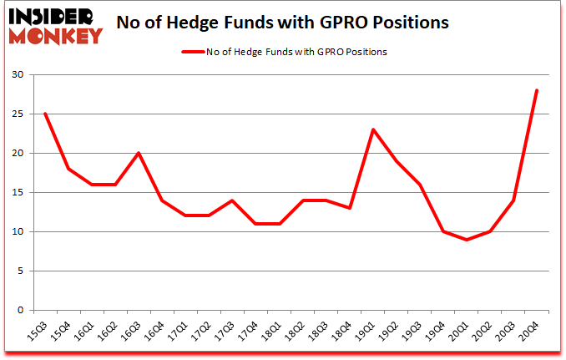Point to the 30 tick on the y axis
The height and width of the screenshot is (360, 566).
(x=17, y=75)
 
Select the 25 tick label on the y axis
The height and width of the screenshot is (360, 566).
(x=17, y=114)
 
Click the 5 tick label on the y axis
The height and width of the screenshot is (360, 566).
(x=20, y=271)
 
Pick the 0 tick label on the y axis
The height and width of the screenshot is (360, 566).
(x=20, y=311)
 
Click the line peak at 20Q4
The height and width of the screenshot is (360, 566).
(x=537, y=90)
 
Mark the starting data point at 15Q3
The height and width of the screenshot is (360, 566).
(x=45, y=114)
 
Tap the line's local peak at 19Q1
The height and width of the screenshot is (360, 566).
(x=373, y=129)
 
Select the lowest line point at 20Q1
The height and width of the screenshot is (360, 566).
(x=467, y=240)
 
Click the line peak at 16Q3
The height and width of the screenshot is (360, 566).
(x=139, y=153)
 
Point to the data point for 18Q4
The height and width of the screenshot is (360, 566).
(x=350, y=208)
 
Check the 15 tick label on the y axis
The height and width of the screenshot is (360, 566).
(x=17, y=193)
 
